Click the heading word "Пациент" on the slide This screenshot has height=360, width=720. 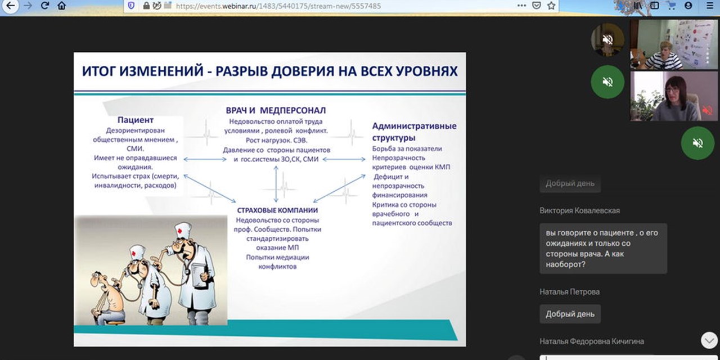pyautogui.click(x=135, y=120)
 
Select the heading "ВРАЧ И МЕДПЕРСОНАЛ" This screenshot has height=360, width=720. pyautogui.click(x=276, y=110)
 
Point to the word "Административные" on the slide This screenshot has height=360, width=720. pyautogui.click(x=414, y=126)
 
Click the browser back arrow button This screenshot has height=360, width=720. pyautogui.click(x=10, y=6)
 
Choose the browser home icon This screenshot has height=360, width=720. pyautogui.click(x=62, y=6)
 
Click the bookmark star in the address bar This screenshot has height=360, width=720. pyautogui.click(x=551, y=6)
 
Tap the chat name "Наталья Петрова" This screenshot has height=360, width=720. pyautogui.click(x=569, y=292)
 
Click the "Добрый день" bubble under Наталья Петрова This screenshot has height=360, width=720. pyautogui.click(x=570, y=314)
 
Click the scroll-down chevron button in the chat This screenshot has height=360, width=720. pyautogui.click(x=708, y=340)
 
